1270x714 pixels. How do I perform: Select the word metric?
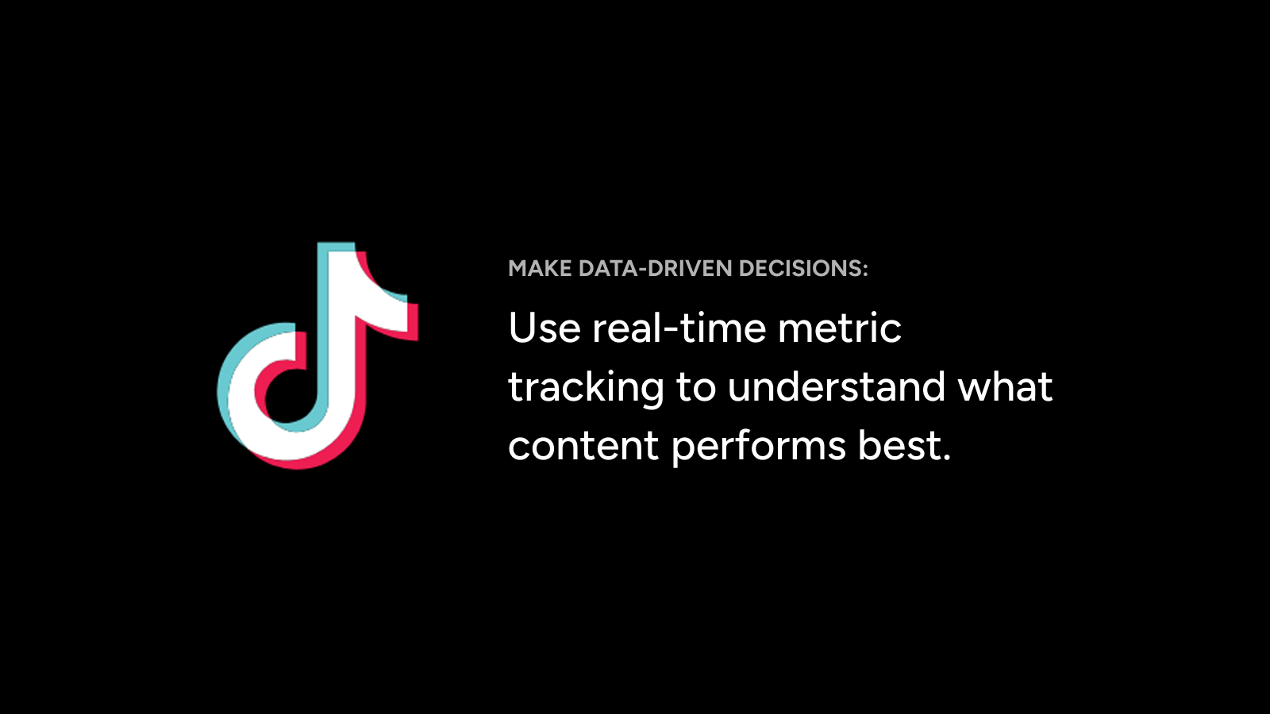840,328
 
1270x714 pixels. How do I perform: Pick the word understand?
837,386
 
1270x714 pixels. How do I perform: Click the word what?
1005,386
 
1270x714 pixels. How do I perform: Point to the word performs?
759,447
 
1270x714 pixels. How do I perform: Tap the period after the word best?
945,458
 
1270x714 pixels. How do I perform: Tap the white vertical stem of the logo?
342,340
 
